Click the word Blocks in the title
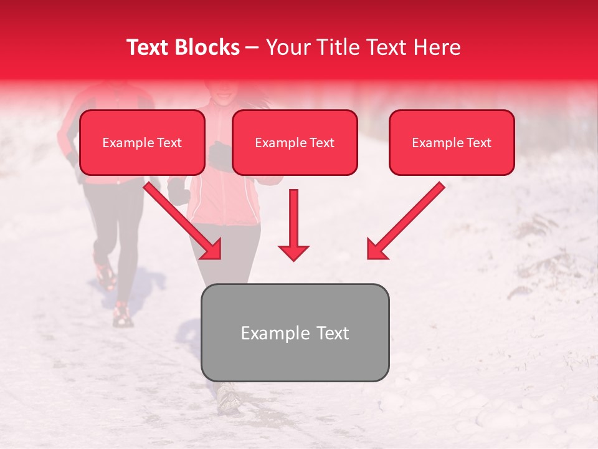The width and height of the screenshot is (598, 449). click(x=209, y=47)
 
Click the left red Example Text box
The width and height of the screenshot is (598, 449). click(x=142, y=142)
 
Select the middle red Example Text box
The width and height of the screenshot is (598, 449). click(x=295, y=142)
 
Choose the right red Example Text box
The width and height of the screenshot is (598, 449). click(x=452, y=142)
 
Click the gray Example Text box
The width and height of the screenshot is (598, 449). click(x=295, y=332)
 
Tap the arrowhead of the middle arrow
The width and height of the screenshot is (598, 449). click(x=293, y=252)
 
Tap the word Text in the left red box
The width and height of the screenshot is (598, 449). click(x=169, y=143)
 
